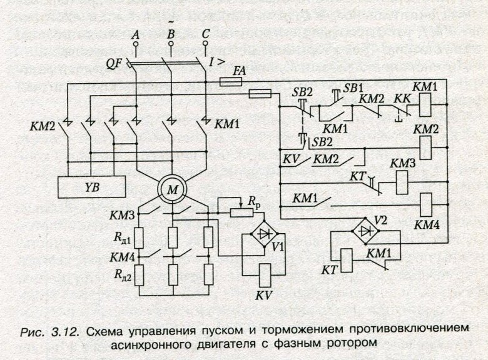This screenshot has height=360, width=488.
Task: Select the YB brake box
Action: point(91,186)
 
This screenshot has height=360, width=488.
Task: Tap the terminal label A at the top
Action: point(135,36)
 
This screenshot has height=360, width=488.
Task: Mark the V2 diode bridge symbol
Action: point(365,229)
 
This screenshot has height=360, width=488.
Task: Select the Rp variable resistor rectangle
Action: point(240,212)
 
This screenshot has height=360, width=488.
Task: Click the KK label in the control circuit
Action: point(400,99)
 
